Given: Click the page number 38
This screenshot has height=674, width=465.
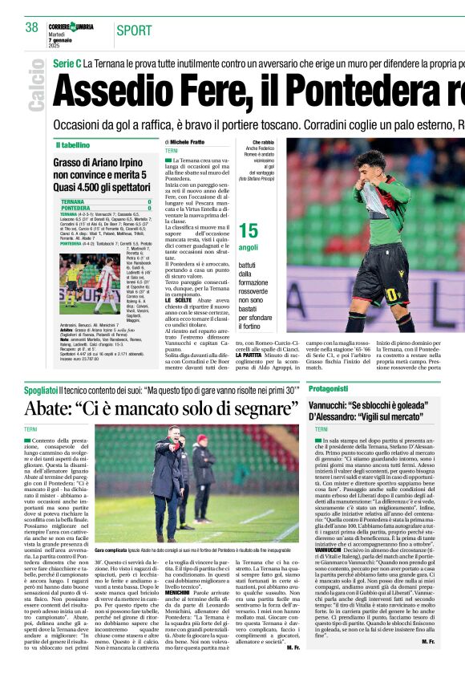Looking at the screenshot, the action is [32, 28].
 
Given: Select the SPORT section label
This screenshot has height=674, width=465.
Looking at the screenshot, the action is [134, 30].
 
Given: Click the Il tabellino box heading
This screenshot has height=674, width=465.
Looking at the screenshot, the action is [73, 145].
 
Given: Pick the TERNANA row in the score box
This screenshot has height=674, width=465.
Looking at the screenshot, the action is [104, 201].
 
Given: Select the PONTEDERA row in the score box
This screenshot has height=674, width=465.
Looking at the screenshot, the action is [104, 208].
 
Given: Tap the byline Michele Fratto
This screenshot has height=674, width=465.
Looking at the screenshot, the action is [187, 142].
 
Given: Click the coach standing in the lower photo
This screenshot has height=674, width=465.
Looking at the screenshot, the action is [168, 481].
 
